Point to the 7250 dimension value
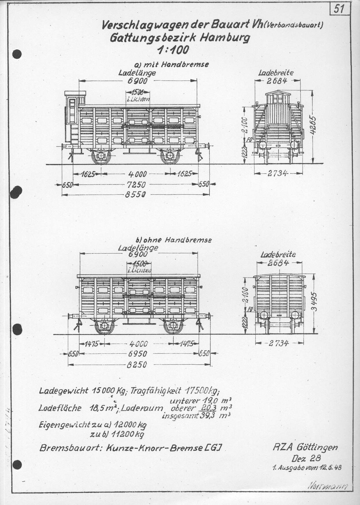(136, 184)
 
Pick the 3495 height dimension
(315, 302)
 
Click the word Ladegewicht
(63, 391)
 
